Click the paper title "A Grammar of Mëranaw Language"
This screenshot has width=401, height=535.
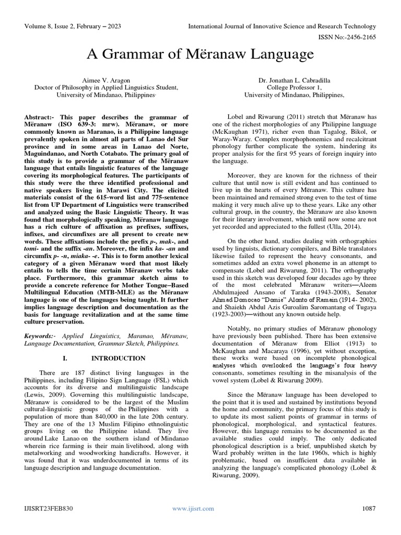(200, 54)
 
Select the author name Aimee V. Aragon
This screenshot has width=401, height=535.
(107, 80)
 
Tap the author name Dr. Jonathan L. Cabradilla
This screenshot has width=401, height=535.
(296, 80)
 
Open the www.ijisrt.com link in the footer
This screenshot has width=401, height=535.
(193, 508)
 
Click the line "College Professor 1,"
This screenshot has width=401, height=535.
(296, 88)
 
